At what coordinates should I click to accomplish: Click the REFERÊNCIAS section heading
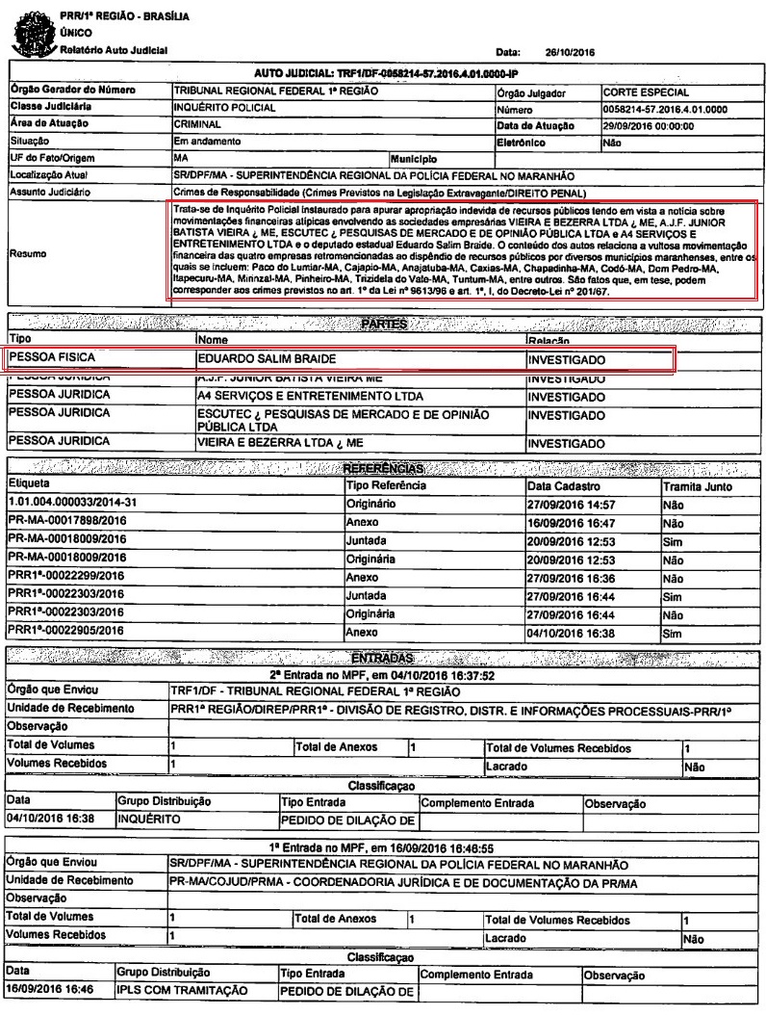pyautogui.click(x=384, y=469)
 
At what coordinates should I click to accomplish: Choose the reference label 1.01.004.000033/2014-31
pyautogui.click(x=67, y=502)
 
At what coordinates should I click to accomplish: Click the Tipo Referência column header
pyautogui.click(x=385, y=485)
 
